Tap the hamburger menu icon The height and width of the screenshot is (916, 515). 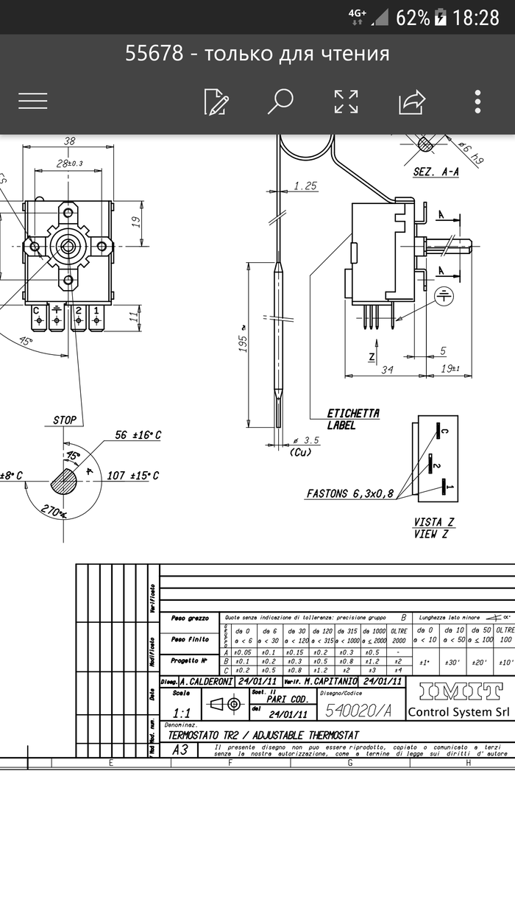point(33,101)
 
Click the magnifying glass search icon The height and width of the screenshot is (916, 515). point(280,101)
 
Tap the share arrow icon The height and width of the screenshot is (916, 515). point(412,102)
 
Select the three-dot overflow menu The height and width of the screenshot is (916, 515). point(478,102)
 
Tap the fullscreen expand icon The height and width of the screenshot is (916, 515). point(346,102)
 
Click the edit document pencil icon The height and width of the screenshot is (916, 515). point(216,102)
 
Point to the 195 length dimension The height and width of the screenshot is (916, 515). point(242,341)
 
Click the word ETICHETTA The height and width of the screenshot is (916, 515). point(353,413)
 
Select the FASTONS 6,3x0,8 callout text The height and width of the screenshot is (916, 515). point(349,493)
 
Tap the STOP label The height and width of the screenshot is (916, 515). point(65,420)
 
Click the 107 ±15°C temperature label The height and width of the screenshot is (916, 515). point(133,476)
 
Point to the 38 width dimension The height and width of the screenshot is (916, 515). point(69,141)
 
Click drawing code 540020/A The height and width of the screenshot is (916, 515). point(358,710)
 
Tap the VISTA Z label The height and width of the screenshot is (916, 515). point(433,522)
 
